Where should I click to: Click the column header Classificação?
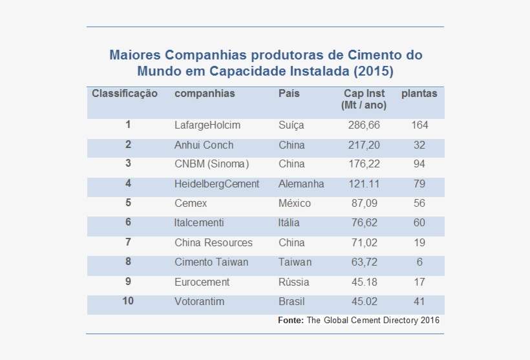(x=125, y=94)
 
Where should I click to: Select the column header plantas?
(x=419, y=94)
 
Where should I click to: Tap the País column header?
(x=289, y=94)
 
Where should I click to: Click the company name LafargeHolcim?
(x=207, y=125)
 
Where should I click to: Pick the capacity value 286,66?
(x=364, y=125)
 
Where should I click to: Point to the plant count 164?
(x=419, y=125)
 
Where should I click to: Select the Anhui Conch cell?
(x=204, y=145)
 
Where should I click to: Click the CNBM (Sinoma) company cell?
(x=211, y=164)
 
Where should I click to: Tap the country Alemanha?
(x=301, y=184)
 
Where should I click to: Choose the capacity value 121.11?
(x=364, y=184)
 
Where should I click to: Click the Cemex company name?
(x=191, y=204)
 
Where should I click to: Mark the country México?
(x=295, y=204)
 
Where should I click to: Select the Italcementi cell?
(x=199, y=223)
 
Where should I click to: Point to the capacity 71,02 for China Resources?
(x=364, y=243)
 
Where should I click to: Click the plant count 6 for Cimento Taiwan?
(x=419, y=262)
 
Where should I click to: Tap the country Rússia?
(x=294, y=282)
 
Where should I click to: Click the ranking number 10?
(x=128, y=301)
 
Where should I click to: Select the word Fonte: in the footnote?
(x=290, y=321)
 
